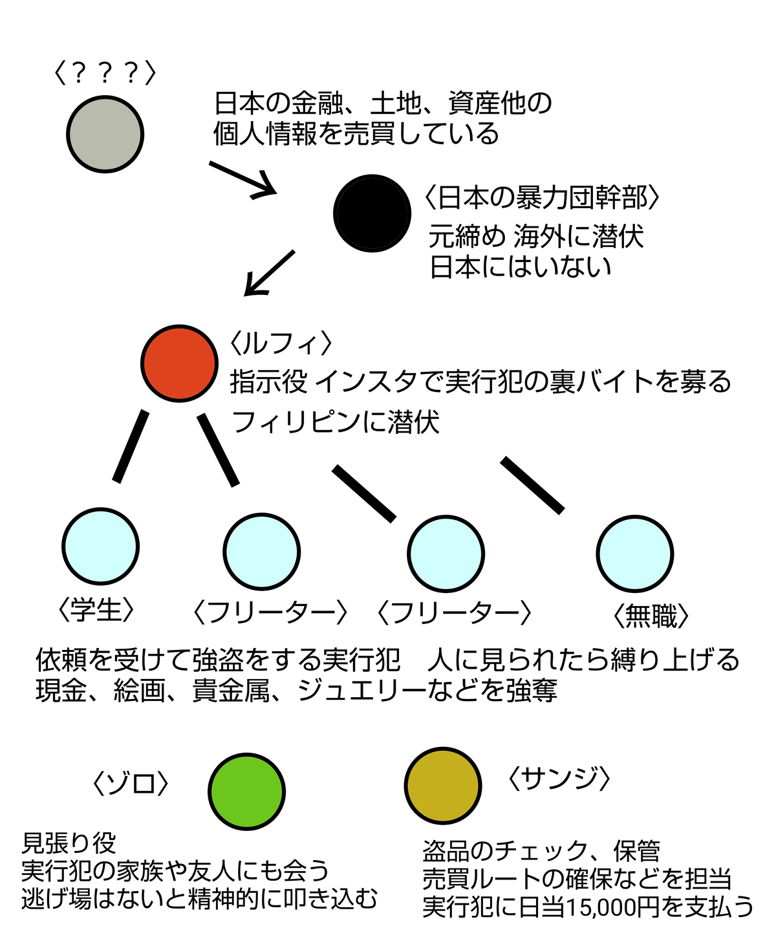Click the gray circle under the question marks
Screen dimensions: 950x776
click(x=105, y=134)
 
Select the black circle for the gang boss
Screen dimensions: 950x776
click(x=372, y=213)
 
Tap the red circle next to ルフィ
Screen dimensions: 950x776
click(x=179, y=363)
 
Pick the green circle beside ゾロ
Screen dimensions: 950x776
click(x=246, y=791)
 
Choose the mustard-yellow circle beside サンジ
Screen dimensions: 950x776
click(x=443, y=786)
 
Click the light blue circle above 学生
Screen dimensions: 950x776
click(x=100, y=546)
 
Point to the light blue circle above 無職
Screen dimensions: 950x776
click(x=634, y=553)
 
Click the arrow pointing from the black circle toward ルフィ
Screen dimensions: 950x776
click(x=269, y=274)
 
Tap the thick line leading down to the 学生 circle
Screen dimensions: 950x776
click(x=130, y=446)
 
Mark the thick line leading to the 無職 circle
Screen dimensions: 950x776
click(x=532, y=485)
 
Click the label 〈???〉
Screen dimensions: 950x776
click(x=105, y=73)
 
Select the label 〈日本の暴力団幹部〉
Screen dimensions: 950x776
click(x=542, y=197)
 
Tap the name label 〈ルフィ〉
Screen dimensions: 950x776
click(x=281, y=343)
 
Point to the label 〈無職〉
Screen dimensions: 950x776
click(x=650, y=616)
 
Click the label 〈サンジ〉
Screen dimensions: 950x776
click(x=559, y=779)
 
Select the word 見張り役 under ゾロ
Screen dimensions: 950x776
click(x=69, y=843)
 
